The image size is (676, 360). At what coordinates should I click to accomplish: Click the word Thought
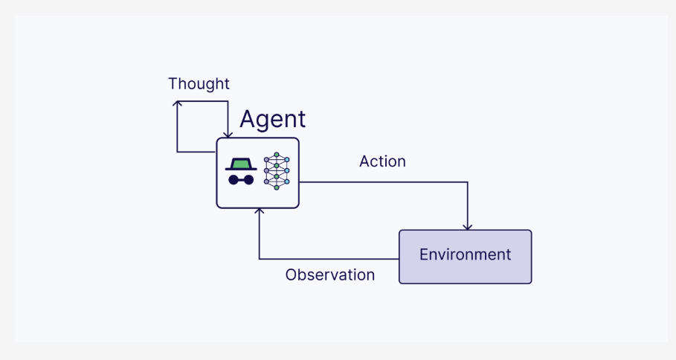[x=199, y=84]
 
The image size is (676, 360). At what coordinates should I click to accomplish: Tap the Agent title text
[x=272, y=120]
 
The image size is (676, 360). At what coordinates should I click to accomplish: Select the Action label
[x=382, y=161]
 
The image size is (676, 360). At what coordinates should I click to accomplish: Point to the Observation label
[x=329, y=275]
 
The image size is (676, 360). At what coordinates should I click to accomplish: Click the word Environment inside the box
[x=466, y=254]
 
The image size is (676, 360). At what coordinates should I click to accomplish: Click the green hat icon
[x=241, y=164]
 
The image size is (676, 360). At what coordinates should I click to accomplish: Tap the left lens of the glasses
[x=234, y=180]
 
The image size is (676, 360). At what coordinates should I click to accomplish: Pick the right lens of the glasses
[x=248, y=180]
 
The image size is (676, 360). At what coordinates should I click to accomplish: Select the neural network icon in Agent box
[x=277, y=171]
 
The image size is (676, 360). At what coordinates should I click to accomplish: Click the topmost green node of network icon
[x=277, y=155]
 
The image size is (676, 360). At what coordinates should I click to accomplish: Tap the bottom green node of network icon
[x=277, y=187]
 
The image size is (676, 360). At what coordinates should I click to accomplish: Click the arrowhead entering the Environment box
[x=467, y=227]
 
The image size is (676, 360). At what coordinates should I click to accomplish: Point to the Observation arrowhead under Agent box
[x=259, y=211]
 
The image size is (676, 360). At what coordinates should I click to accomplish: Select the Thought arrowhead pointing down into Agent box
[x=228, y=135]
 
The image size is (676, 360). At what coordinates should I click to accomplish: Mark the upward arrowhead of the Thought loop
[x=177, y=103]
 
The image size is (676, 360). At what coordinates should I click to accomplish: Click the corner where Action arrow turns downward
[x=467, y=182]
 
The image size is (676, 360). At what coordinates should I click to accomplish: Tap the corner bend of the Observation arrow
[x=259, y=259]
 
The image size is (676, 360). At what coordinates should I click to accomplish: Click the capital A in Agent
[x=248, y=118]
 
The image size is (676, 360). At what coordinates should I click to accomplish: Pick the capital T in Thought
[x=173, y=83]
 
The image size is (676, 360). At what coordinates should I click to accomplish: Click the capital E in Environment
[x=424, y=254]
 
